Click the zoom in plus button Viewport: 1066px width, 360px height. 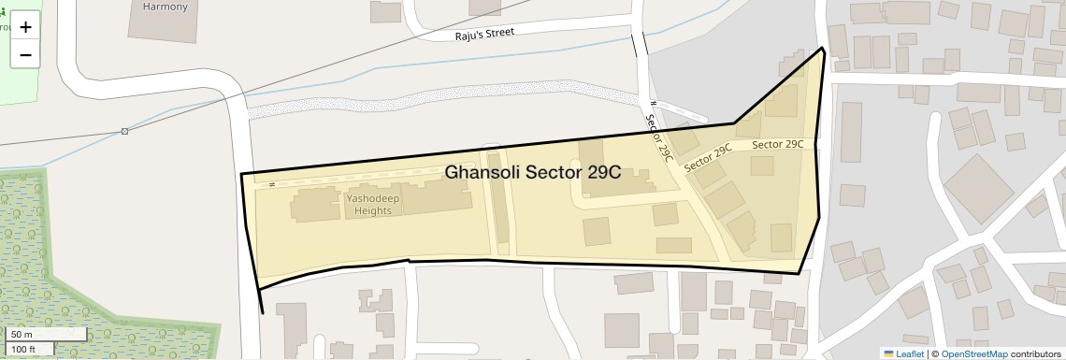tap(25, 27)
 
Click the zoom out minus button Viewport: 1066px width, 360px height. tap(25, 55)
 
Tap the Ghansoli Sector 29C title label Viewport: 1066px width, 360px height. tap(533, 173)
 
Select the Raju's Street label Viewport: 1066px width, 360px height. tap(484, 33)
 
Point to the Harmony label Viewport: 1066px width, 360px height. tap(165, 7)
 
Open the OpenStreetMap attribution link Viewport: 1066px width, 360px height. tap(973, 353)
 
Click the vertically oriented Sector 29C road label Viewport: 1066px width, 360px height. tap(659, 137)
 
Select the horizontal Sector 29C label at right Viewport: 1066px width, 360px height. tap(778, 144)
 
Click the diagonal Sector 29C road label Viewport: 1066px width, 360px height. tap(708, 158)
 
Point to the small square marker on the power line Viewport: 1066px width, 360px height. tap(124, 131)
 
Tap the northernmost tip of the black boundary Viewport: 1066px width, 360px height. tap(823, 48)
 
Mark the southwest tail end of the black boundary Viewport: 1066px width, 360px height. tap(262, 312)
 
